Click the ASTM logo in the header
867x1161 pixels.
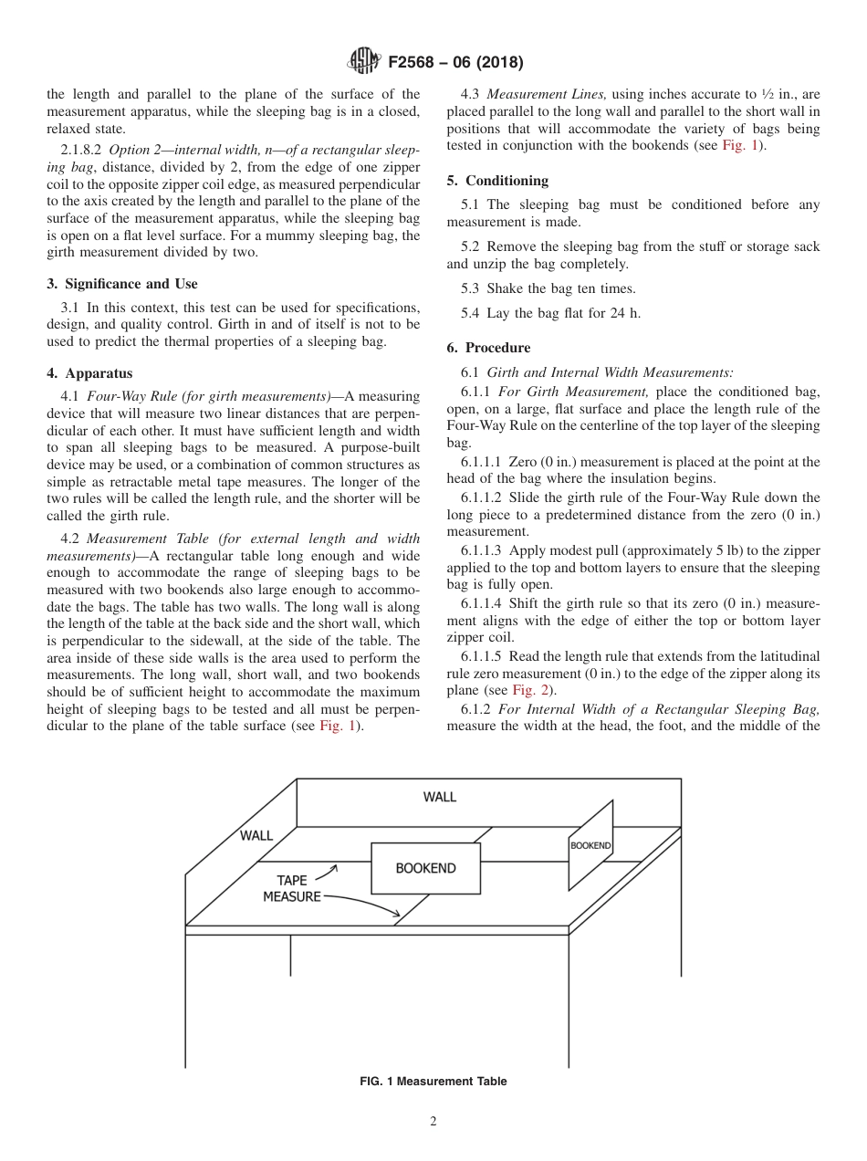(x=363, y=63)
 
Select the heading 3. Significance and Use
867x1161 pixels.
(x=121, y=284)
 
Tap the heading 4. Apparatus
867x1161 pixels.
(x=89, y=373)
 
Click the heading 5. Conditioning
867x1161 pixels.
(x=497, y=181)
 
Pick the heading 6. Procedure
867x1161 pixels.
(x=488, y=348)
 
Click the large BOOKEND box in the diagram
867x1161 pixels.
(x=425, y=868)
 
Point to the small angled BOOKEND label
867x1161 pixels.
(x=590, y=845)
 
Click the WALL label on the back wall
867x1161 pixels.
(x=439, y=797)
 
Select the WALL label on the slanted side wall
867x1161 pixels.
(x=256, y=835)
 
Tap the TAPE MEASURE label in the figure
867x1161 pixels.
(x=292, y=888)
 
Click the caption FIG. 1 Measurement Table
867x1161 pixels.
(x=433, y=1082)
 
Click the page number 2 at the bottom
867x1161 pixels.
(x=433, y=1122)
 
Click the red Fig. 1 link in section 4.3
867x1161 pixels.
(x=738, y=145)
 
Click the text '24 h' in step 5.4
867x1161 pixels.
(x=625, y=314)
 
